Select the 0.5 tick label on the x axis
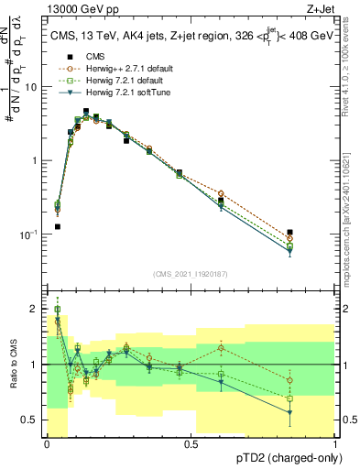pos(191,443)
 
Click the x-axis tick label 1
pos(335,443)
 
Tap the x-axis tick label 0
pos(47,443)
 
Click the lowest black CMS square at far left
pos(57,226)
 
